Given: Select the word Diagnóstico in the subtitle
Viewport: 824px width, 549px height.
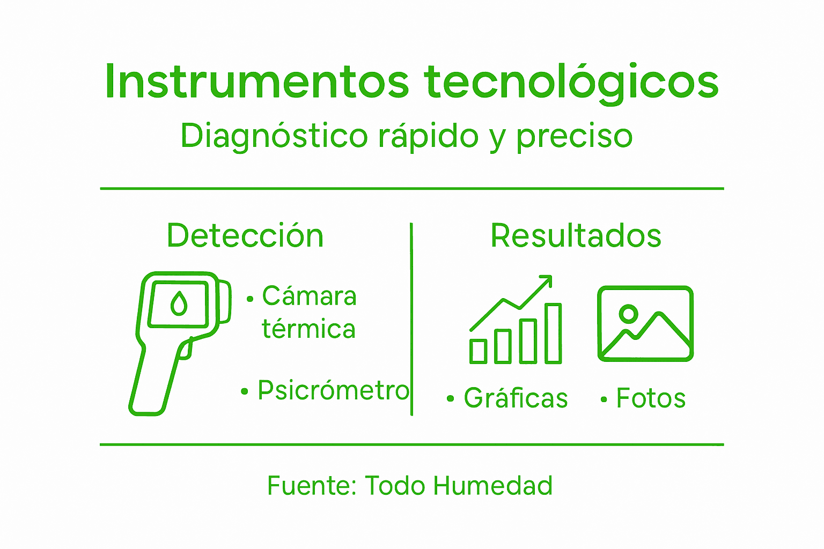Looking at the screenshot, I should (274, 136).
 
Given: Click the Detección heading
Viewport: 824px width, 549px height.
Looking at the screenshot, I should (245, 235).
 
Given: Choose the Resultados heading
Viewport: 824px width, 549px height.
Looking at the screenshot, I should (576, 235).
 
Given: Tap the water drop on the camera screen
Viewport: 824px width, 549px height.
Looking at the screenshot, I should (179, 303).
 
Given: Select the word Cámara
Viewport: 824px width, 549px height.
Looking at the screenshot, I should (309, 296).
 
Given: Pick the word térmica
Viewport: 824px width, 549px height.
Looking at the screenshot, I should (308, 329).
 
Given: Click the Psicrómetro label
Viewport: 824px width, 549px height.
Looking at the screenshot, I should (333, 390).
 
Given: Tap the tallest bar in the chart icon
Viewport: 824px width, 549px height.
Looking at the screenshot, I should (553, 333).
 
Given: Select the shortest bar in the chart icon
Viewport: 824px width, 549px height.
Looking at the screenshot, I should (478, 351).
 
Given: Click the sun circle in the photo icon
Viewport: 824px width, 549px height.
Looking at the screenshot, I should (628, 314).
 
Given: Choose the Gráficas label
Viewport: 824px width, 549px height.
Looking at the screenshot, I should (516, 398).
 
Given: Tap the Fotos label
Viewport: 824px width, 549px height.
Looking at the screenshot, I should (651, 398).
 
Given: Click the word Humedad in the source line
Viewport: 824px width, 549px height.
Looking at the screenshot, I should (492, 486).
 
